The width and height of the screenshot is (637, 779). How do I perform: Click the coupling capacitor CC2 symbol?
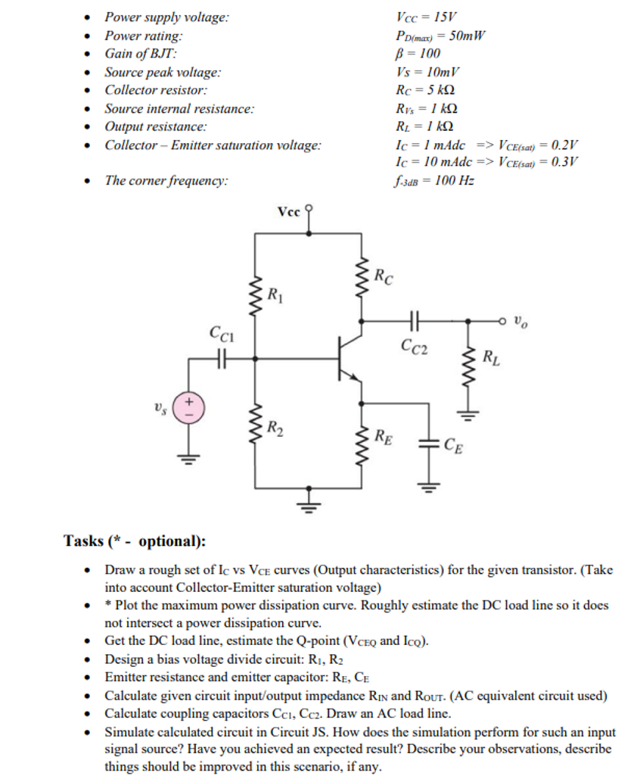coord(415,320)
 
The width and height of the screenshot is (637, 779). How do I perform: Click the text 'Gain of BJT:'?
coord(141,53)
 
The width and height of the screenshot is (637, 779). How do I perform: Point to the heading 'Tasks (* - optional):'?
coord(135,541)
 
